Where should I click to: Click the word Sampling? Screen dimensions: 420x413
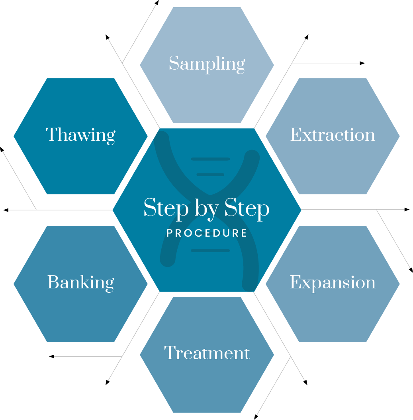coord(207,64)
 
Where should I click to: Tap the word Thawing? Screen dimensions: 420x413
coord(80,135)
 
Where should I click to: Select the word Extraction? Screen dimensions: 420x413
coord(333,135)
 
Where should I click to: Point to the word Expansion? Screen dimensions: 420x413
coord(333,283)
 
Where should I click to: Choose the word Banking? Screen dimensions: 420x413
coord(80,283)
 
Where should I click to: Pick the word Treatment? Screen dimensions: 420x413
coord(207,353)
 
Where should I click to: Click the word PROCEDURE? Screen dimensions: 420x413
coord(207,233)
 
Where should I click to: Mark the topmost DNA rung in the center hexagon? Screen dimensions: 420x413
coord(210,159)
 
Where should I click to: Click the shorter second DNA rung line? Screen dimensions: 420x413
coord(210,175)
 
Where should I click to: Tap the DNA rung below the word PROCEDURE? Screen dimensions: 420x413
coord(210,251)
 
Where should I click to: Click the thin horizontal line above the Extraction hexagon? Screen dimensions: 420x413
coord(326,63)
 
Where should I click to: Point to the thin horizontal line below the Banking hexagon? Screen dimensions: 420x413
coord(88,356)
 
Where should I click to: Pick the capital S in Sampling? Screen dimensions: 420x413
coord(174,64)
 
